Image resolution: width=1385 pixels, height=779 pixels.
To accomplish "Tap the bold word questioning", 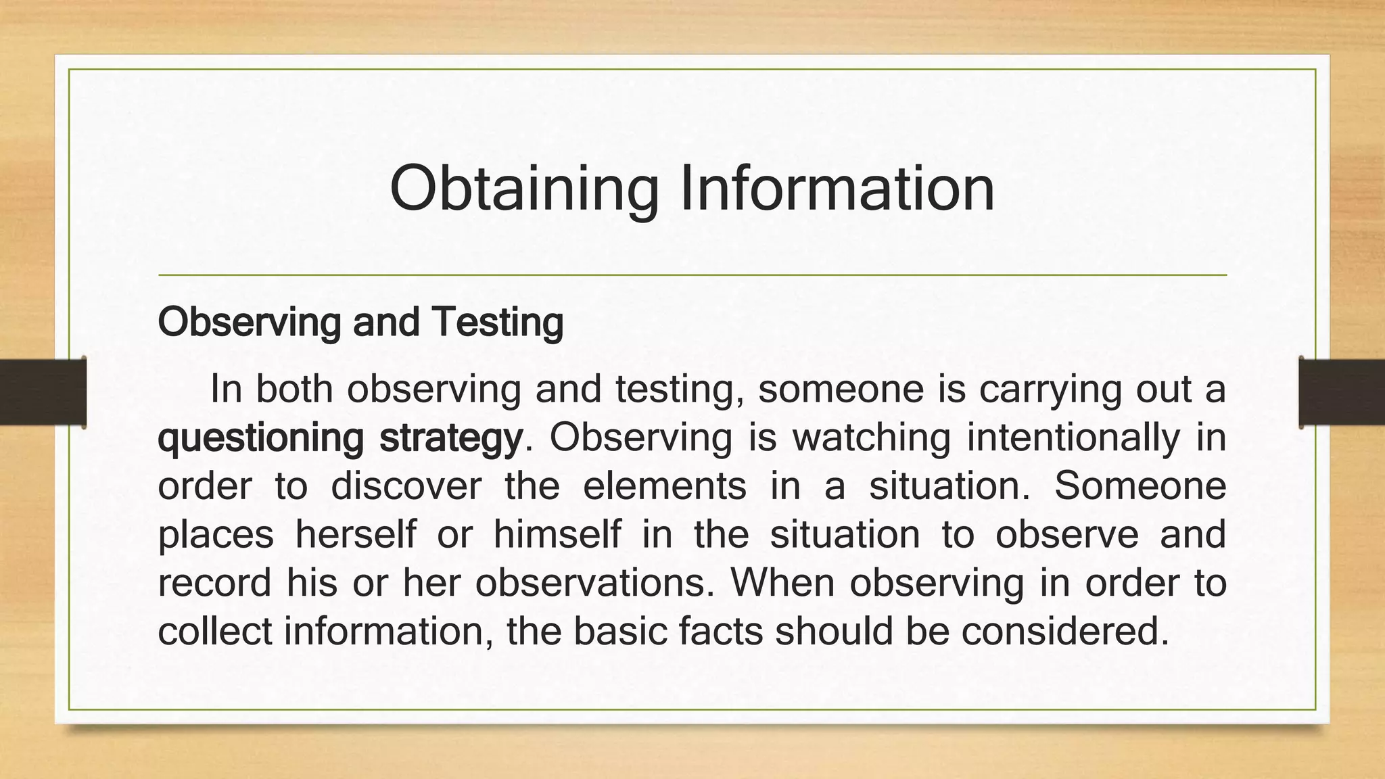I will (261, 438).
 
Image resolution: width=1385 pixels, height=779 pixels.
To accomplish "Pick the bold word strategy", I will (451, 438).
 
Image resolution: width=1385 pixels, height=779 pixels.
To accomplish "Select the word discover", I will (406, 486).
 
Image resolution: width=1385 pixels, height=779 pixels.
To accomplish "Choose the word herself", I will (356, 534).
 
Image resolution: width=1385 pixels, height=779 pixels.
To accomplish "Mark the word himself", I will (557, 534).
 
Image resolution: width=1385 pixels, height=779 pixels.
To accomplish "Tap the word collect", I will (214, 631).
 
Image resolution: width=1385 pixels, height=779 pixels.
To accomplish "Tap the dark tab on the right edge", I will (1342, 392).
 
